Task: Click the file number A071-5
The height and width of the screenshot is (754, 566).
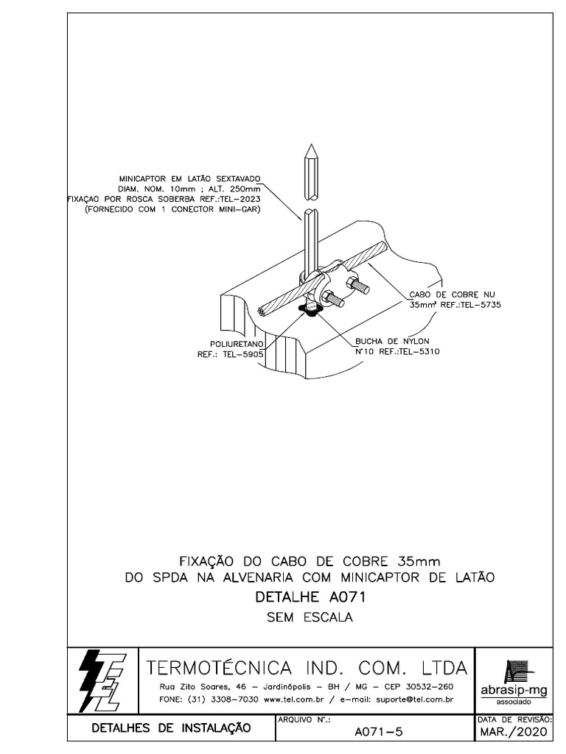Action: (x=378, y=732)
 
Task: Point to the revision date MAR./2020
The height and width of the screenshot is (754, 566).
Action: (x=514, y=733)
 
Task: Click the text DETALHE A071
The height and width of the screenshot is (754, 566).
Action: (x=310, y=596)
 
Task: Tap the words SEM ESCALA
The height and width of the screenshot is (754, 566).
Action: (x=310, y=617)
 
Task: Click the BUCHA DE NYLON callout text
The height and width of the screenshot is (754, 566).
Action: (x=392, y=341)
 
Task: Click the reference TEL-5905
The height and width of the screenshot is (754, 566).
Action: (x=247, y=353)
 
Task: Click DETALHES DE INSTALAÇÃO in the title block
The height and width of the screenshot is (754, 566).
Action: (x=170, y=728)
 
